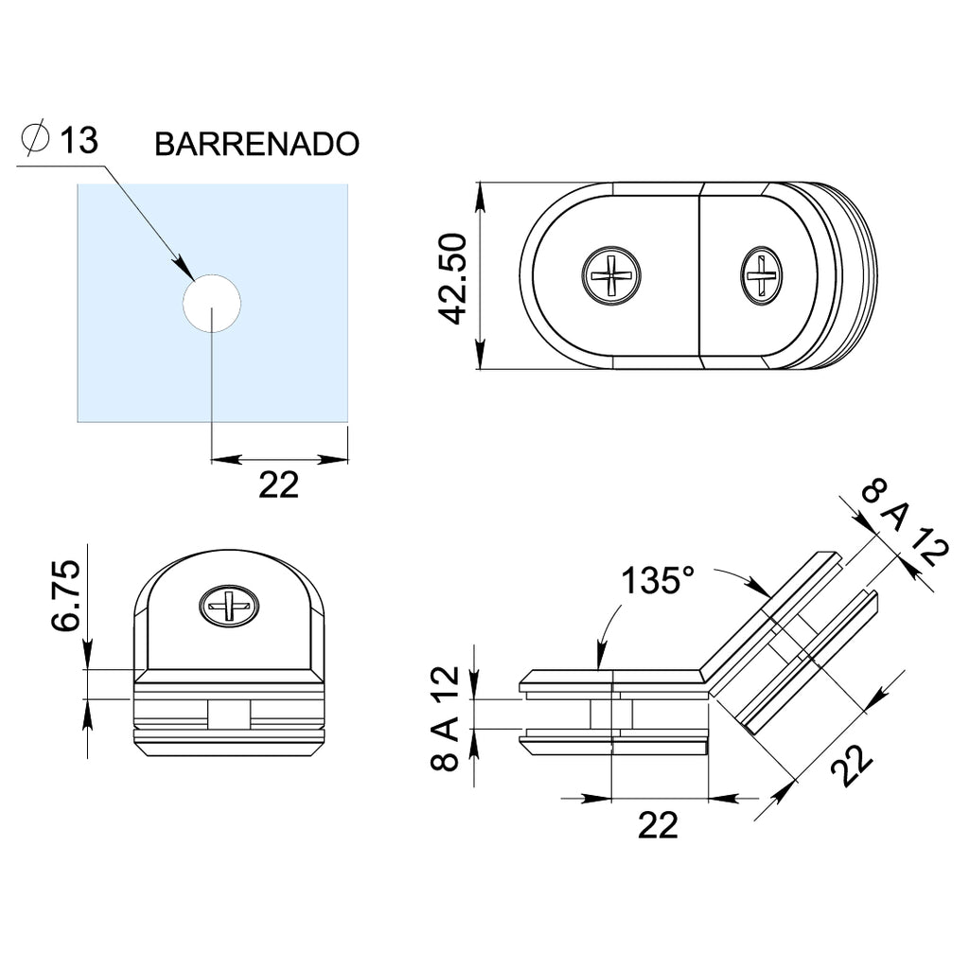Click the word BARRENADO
[256, 144]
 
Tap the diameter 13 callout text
[60, 140]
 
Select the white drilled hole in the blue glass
[211, 304]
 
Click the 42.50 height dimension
[452, 278]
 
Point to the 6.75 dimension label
[66, 595]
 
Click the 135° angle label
[658, 581]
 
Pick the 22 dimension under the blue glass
[278, 485]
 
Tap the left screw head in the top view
[611, 275]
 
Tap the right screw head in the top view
[762, 275]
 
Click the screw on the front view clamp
[229, 607]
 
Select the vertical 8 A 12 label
[445, 718]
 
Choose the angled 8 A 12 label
[904, 522]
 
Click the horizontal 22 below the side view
[658, 825]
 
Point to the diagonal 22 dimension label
[852, 765]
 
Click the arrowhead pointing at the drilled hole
[183, 268]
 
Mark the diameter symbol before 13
[35, 138]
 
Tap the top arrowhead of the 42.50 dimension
[480, 196]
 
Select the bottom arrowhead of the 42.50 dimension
[480, 356]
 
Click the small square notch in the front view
[229, 714]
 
